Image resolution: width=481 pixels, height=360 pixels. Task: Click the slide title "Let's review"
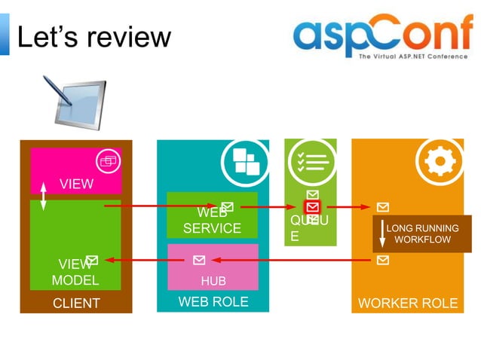[94, 36]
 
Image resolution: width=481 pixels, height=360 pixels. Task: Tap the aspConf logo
[380, 38]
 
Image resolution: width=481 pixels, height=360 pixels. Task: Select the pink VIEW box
[75, 172]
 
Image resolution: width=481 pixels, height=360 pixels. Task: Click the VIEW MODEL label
[75, 272]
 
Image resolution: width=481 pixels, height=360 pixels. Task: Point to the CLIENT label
[76, 304]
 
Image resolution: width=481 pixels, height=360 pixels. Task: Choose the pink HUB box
[213, 267]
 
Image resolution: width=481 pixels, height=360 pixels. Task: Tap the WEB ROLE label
[213, 302]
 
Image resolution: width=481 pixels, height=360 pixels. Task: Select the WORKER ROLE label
[407, 304]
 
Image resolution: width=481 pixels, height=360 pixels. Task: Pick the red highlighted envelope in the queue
[312, 206]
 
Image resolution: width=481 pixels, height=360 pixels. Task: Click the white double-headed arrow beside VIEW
[43, 197]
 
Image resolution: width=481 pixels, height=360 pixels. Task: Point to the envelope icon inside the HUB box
[199, 261]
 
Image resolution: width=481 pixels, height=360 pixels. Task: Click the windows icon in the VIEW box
[109, 160]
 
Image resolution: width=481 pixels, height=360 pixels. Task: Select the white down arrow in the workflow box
[382, 234]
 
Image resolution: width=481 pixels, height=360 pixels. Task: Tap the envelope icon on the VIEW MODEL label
[92, 261]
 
